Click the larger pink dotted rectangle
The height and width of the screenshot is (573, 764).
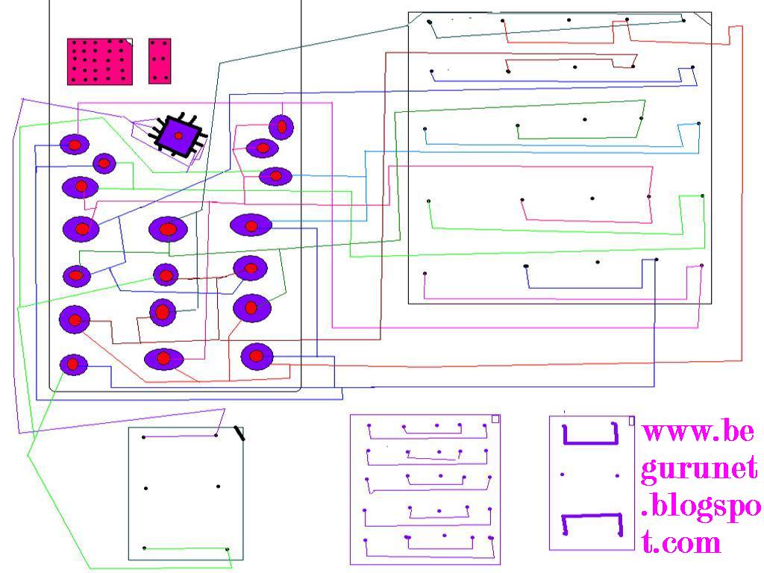[x=100, y=61]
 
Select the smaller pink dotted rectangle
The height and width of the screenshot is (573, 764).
[x=160, y=61]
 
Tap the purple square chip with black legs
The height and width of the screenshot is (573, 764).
[x=179, y=135]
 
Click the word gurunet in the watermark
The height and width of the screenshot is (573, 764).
[x=699, y=469]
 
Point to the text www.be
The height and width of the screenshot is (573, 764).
[x=699, y=432]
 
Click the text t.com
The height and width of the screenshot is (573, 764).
[x=682, y=542]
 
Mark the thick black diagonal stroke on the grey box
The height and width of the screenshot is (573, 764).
[x=239, y=432]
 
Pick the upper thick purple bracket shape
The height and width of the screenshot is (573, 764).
[x=590, y=434]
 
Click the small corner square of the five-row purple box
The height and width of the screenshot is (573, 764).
[x=495, y=419]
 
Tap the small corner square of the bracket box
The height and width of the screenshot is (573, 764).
[x=631, y=421]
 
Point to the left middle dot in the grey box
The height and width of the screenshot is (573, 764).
[x=146, y=488]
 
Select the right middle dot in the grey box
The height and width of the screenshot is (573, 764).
[x=218, y=487]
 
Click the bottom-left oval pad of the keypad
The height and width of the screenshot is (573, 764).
[x=73, y=364]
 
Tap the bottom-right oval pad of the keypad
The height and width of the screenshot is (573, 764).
[x=257, y=356]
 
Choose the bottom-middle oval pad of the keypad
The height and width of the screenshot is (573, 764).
[x=164, y=359]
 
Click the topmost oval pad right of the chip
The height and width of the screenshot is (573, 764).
[x=281, y=126]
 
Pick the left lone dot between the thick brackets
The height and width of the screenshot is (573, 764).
[x=562, y=475]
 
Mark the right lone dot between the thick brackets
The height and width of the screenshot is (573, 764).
[x=618, y=475]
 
